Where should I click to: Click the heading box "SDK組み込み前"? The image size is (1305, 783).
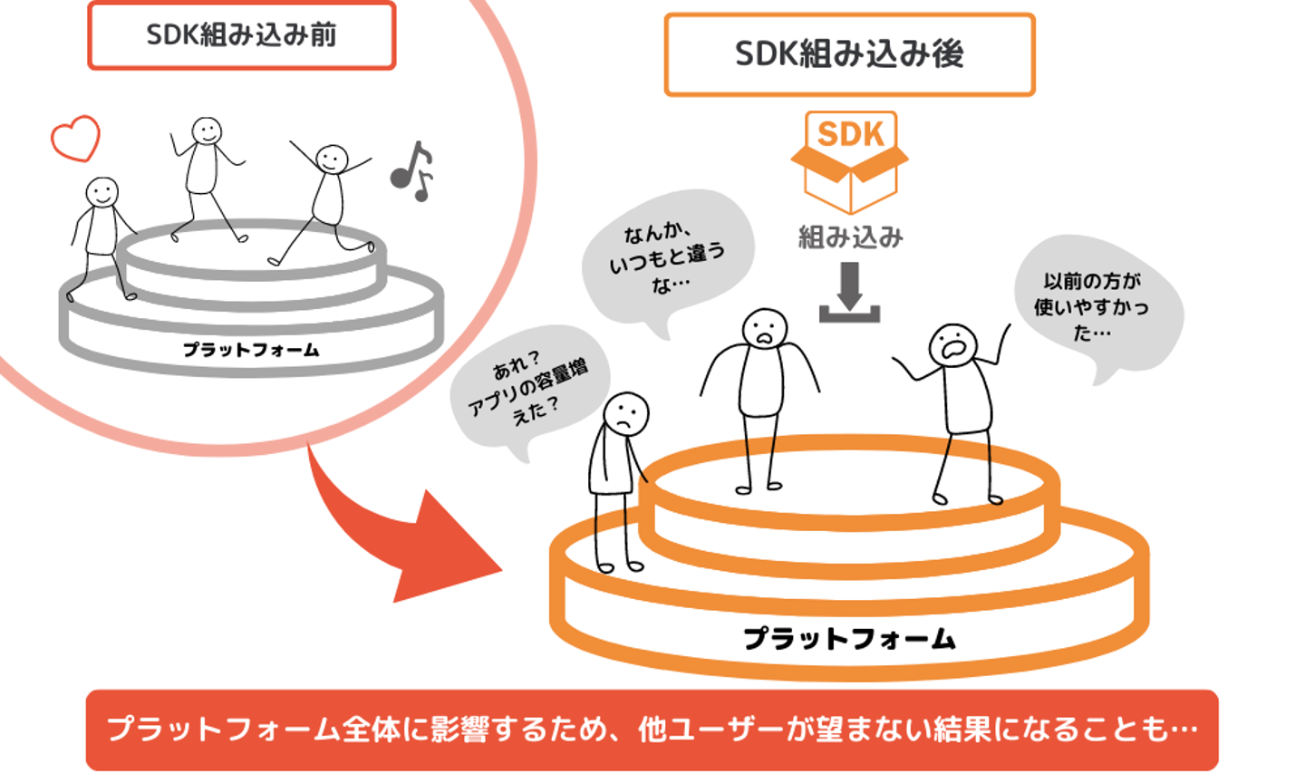(241, 35)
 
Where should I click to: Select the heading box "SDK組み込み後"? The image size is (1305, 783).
(849, 54)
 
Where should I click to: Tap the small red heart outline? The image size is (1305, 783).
(75, 138)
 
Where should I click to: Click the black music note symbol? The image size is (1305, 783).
(411, 170)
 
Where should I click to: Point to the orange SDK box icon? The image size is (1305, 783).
(849, 161)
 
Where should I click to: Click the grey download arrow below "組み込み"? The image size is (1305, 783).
(849, 292)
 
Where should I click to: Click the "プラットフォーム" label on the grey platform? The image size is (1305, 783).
(251, 350)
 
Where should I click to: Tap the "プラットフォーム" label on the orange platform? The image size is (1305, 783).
(849, 639)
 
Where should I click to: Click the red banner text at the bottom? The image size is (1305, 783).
(652, 730)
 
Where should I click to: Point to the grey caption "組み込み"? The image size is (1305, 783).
(850, 237)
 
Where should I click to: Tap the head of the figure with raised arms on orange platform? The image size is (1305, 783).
(952, 344)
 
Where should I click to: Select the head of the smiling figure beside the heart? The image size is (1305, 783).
(101, 192)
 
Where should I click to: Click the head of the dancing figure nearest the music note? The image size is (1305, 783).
(332, 159)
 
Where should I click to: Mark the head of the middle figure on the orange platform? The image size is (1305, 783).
(765, 328)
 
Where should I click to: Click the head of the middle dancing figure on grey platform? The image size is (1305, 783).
(207, 131)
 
